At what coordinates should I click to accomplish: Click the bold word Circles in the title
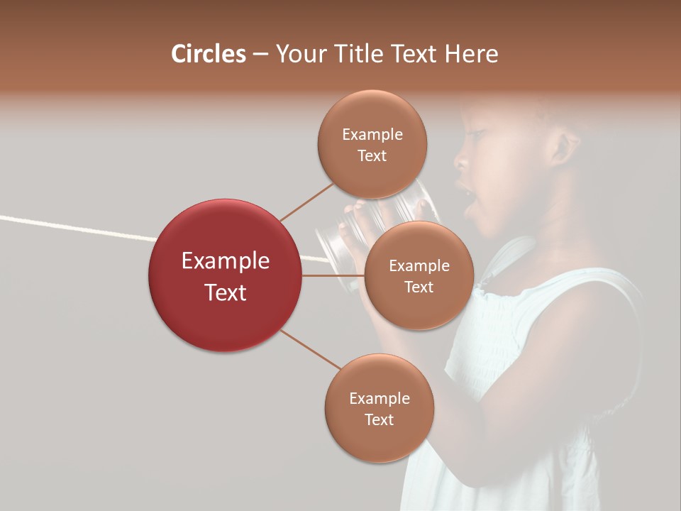[x=209, y=54]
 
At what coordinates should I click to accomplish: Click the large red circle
[x=225, y=275]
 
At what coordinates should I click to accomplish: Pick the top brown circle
[x=372, y=144]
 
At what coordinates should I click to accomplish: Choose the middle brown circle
[x=419, y=275]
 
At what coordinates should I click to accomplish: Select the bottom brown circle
[x=379, y=409]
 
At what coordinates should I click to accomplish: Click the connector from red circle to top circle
[x=307, y=201]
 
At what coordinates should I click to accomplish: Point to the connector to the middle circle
[x=333, y=275]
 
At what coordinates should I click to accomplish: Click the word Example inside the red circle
[x=225, y=261]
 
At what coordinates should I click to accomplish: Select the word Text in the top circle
[x=372, y=155]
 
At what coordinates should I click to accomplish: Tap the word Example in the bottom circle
[x=379, y=398]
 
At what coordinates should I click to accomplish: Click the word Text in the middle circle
[x=419, y=287]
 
